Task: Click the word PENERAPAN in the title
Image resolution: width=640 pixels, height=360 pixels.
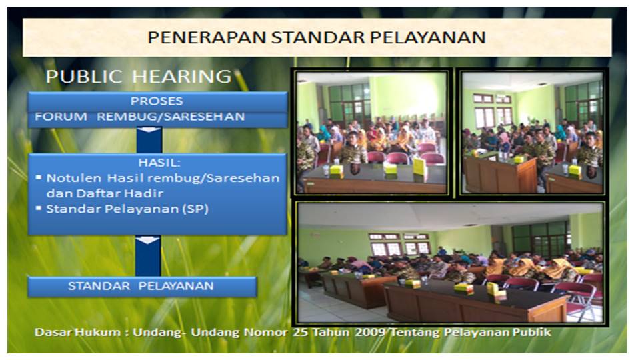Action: (207, 37)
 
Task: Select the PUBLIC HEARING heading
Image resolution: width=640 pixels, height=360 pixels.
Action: (139, 76)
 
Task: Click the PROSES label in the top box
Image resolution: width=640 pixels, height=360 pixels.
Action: (157, 101)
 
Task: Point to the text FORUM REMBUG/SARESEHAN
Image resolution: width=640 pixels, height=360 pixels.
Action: (139, 116)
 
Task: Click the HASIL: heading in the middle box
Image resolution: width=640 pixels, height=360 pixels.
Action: (159, 163)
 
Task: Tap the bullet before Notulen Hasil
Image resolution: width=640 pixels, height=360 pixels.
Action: (39, 177)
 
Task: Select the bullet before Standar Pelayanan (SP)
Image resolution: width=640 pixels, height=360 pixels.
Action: (39, 208)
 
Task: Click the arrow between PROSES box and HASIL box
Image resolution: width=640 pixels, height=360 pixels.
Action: (149, 140)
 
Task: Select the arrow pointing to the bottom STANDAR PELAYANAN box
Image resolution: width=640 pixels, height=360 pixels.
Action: (148, 255)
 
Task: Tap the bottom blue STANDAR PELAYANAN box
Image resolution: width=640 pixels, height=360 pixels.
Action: (142, 286)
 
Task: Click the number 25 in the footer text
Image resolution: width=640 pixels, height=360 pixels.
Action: (301, 332)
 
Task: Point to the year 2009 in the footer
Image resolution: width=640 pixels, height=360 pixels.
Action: (370, 332)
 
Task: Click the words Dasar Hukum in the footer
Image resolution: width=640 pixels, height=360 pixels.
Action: (77, 332)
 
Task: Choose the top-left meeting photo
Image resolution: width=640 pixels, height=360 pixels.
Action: (371, 133)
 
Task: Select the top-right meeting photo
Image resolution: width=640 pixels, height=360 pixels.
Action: (532, 133)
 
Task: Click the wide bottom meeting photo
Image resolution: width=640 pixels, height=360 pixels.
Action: (450, 263)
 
